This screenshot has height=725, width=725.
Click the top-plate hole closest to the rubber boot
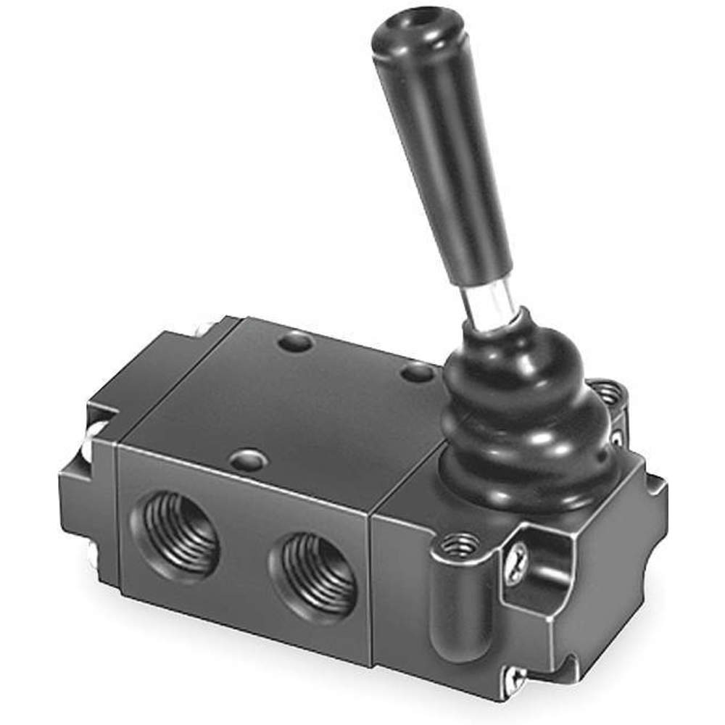coord(418,374)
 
